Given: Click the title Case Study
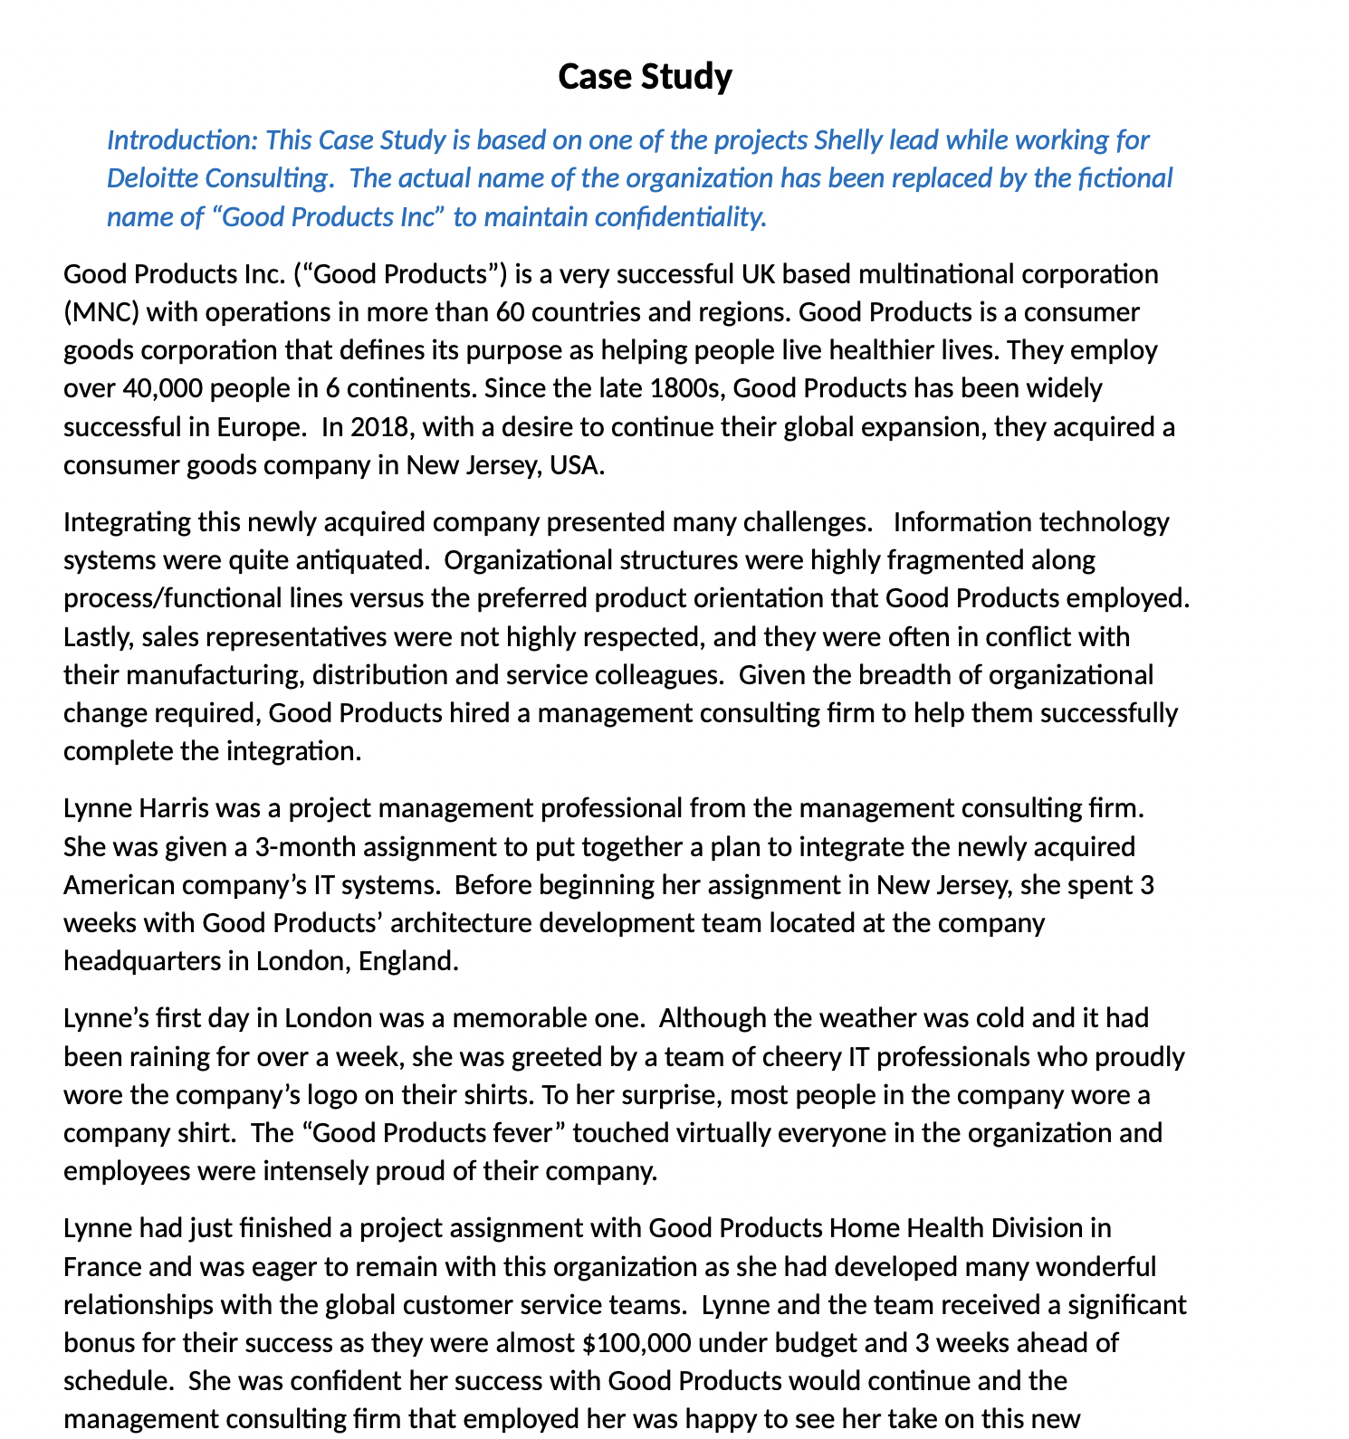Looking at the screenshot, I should coord(644,77).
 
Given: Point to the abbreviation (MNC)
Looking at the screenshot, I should coord(100,312).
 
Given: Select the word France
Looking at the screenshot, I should coord(102,1266).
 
